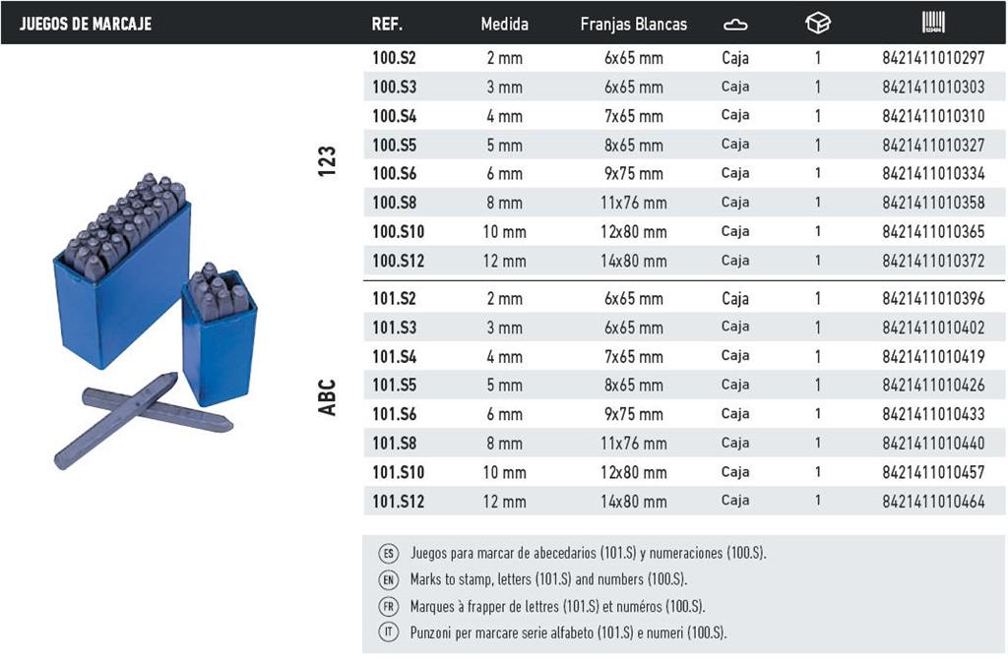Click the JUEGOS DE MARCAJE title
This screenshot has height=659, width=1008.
click(x=86, y=25)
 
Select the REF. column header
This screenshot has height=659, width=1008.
click(x=387, y=25)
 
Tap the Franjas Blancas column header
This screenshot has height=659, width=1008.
click(x=633, y=25)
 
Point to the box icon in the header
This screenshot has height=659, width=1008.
click(x=818, y=24)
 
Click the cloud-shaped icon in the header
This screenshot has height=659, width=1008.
click(x=735, y=25)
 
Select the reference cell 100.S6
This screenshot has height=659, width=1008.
click(x=394, y=173)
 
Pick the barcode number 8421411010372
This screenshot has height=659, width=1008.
click(x=933, y=261)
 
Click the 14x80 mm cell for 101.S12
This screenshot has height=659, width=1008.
click(x=633, y=501)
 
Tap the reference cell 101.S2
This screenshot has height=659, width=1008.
click(x=394, y=299)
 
